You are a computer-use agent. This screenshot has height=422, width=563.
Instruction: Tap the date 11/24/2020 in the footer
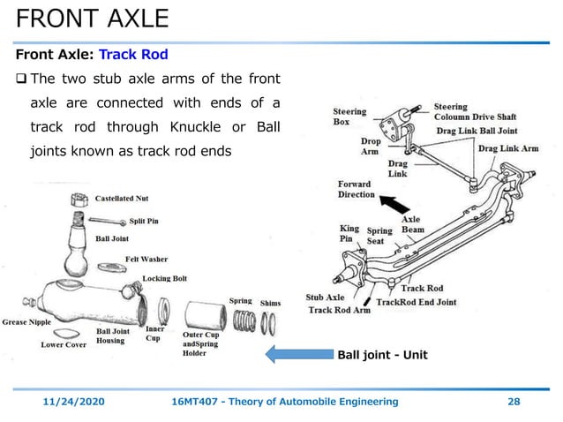coord(75,402)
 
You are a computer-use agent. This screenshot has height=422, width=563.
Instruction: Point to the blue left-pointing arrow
coord(297,355)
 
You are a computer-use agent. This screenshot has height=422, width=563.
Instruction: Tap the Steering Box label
coord(349,117)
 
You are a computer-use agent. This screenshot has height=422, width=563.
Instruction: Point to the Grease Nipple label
coord(27,321)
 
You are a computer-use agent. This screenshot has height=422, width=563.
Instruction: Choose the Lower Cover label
coord(64,345)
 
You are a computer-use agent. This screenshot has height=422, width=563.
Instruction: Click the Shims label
coord(270,304)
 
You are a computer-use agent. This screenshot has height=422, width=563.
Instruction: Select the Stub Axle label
coord(325,298)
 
